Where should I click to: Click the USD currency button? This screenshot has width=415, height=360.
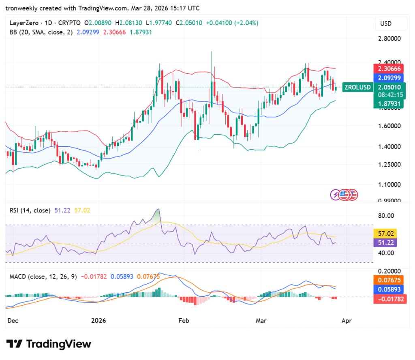[x=385, y=24]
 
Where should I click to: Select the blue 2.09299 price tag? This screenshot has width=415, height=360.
[x=389, y=78]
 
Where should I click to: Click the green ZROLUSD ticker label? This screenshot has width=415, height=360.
[x=357, y=87]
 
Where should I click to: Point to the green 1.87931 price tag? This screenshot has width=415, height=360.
[x=389, y=104]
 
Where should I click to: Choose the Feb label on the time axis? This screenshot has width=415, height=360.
[x=184, y=320]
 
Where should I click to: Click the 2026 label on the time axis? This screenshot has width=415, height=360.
[x=98, y=320]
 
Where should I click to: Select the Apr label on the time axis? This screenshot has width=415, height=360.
[x=347, y=320]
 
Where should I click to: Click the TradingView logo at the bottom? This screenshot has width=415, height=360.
[x=49, y=344]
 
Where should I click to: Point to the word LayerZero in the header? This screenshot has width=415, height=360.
[x=23, y=23]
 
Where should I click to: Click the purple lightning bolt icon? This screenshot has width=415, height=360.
[x=336, y=195]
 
